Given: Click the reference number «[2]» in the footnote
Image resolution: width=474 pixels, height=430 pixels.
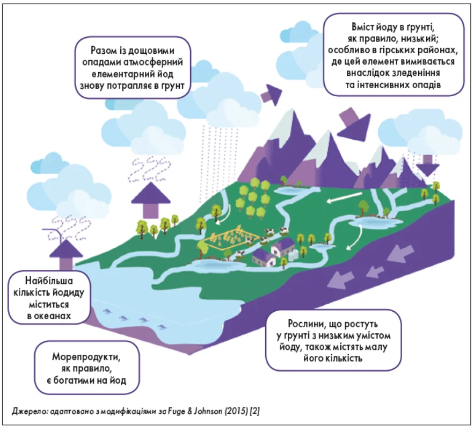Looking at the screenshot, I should (x=254, y=411).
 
